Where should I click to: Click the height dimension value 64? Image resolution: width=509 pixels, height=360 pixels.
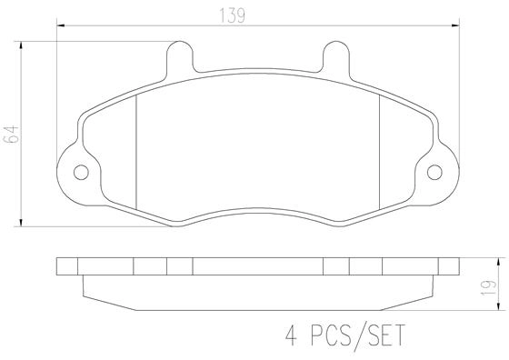point(12,135)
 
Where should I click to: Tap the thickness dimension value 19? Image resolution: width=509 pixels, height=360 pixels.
point(490,286)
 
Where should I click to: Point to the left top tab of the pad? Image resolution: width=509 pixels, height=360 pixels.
point(180,59)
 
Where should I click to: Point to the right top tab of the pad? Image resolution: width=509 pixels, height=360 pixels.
point(332,59)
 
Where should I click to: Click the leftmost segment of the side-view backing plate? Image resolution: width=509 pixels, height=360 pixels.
point(67,266)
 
